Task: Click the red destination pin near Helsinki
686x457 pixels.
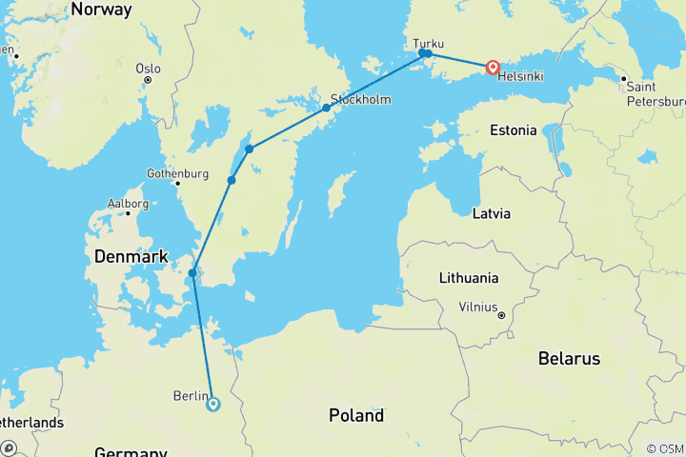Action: pos(493,68)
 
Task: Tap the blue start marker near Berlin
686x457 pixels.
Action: pos(212,404)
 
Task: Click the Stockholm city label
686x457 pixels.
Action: pos(361,99)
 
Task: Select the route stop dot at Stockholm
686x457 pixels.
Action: pos(326,108)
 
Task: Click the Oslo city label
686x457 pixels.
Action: pos(149,69)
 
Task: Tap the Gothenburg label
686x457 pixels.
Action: pos(177,173)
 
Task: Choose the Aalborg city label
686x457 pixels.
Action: pos(128,204)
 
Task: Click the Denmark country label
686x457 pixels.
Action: pos(131,257)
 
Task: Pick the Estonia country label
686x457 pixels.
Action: pos(513,130)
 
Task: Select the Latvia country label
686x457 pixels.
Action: pos(492,213)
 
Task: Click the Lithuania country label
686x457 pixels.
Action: pos(469,278)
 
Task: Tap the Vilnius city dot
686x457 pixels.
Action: pos(500,312)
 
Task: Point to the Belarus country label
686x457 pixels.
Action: pos(568,359)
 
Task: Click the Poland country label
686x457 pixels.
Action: pos(355,415)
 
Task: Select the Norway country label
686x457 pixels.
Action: pos(101,10)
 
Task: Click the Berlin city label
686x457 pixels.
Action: pos(191,396)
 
